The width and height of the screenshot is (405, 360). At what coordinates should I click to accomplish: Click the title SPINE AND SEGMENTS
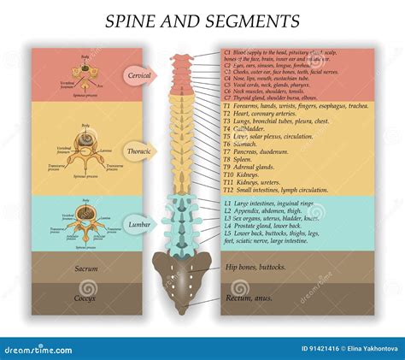202,21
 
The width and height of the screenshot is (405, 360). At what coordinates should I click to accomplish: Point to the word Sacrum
83,268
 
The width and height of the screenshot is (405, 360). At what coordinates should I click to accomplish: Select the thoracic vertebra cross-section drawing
84,149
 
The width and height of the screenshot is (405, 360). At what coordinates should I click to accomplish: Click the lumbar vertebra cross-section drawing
82,219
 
